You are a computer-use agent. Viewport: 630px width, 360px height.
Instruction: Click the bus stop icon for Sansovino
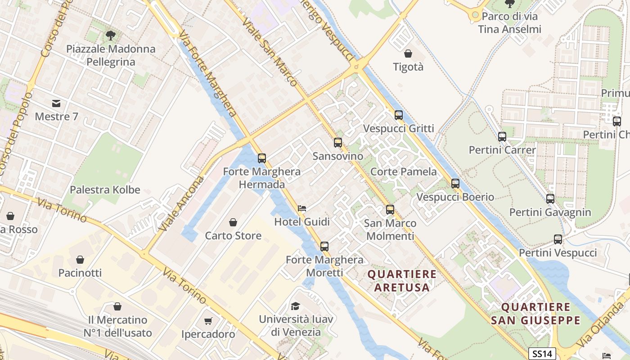[337, 143]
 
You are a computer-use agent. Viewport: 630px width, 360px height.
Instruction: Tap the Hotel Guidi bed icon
[302, 208]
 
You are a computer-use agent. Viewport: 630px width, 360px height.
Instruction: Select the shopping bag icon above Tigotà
[408, 54]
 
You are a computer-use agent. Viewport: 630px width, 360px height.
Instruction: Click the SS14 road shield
[542, 353]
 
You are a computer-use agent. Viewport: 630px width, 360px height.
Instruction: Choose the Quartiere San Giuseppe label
[535, 314]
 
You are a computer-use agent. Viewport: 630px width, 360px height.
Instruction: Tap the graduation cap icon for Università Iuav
[296, 306]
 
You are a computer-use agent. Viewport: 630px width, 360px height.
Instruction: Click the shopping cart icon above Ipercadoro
[208, 321]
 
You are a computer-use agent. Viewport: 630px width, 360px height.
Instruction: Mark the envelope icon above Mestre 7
[56, 103]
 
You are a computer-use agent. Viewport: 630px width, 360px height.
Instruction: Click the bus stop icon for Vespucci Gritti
[399, 115]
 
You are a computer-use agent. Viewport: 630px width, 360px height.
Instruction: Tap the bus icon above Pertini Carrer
[502, 136]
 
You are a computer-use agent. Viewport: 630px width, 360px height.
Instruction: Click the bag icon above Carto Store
[233, 222]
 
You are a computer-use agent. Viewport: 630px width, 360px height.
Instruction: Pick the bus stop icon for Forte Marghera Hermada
[262, 158]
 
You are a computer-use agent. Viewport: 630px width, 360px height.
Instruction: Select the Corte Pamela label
[403, 171]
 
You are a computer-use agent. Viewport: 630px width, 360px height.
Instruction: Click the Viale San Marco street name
[269, 52]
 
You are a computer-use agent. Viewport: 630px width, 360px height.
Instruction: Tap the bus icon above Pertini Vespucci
[558, 239]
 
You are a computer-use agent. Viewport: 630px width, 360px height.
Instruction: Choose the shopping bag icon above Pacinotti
[80, 260]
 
